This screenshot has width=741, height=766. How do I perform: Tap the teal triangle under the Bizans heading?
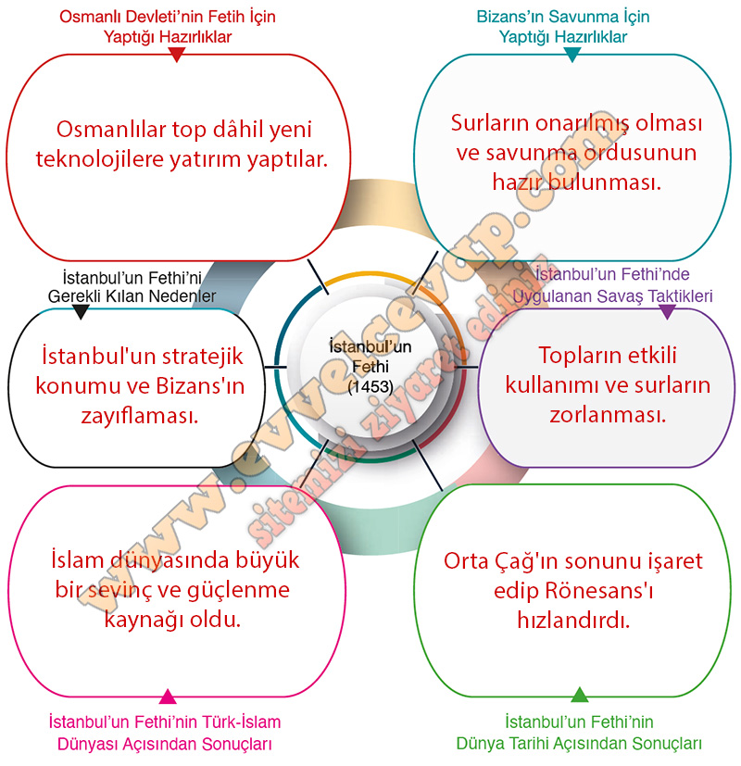(x=572, y=55)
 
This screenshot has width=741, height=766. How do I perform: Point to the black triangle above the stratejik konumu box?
(x=82, y=311)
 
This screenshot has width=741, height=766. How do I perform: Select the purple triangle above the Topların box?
(x=667, y=312)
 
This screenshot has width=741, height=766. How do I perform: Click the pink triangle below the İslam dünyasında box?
(x=168, y=697)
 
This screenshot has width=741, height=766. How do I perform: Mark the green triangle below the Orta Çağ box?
(x=579, y=695)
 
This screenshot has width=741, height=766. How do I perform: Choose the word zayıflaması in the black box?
(x=139, y=416)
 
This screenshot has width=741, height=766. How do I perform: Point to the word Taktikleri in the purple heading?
(x=680, y=296)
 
